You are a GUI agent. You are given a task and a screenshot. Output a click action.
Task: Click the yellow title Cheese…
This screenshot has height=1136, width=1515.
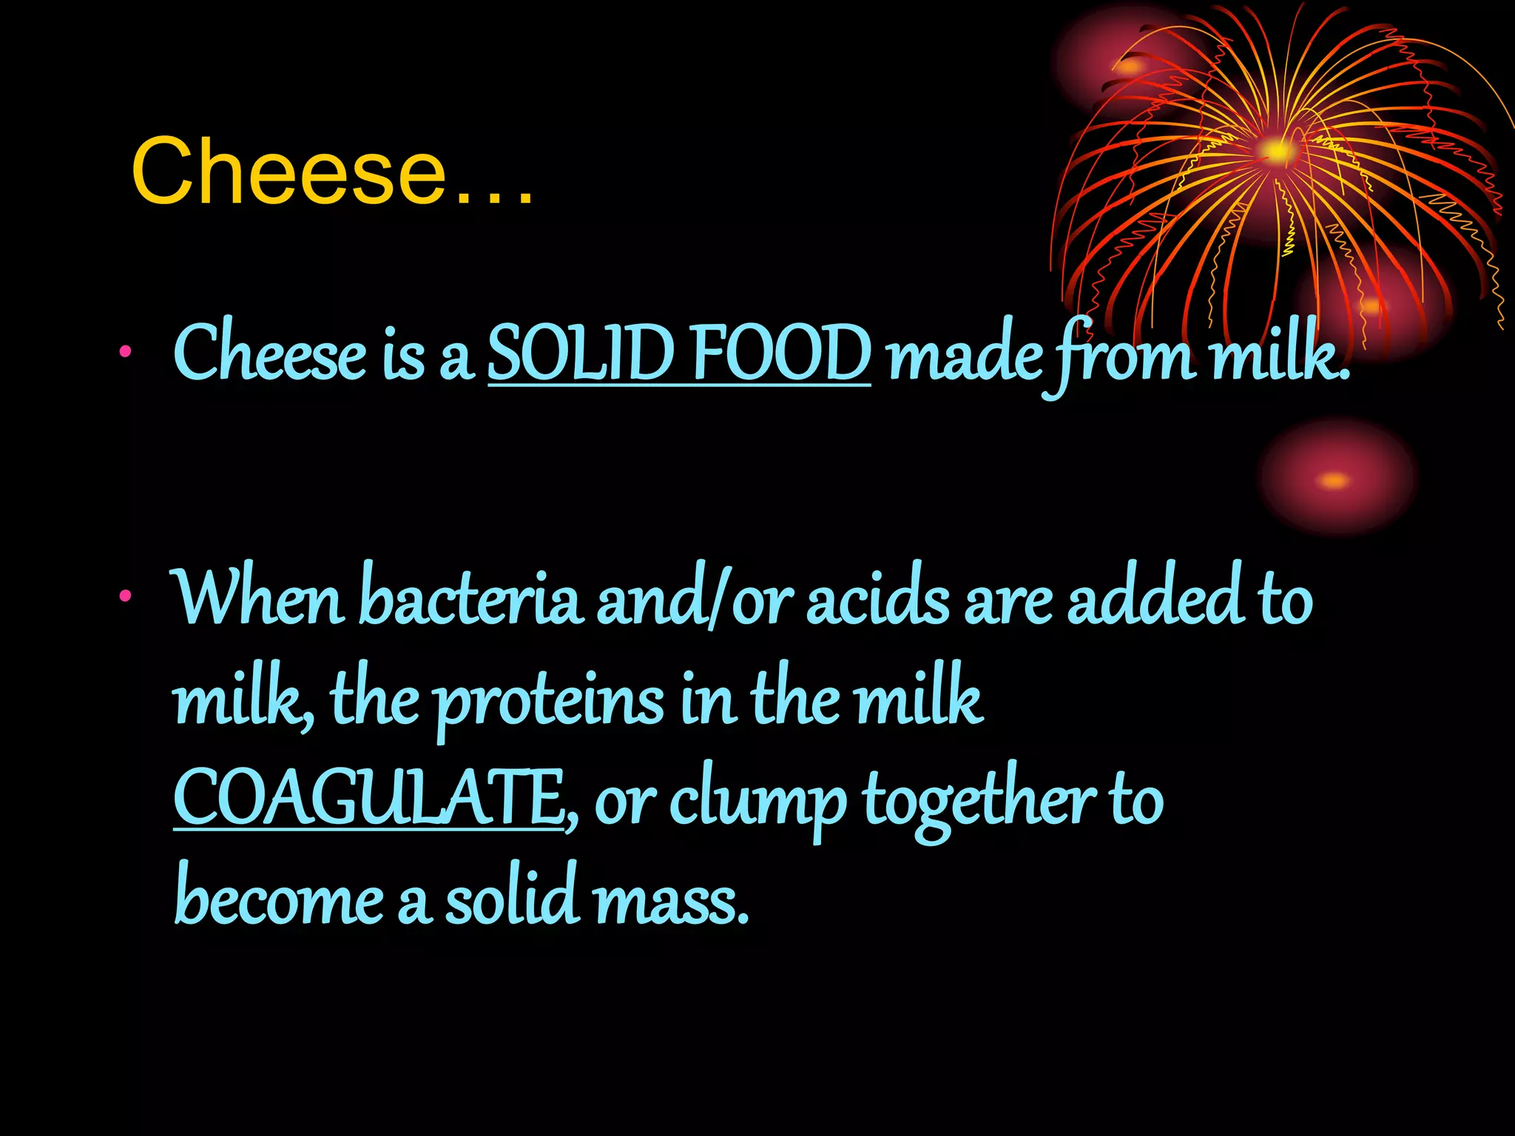pyautogui.click(x=332, y=172)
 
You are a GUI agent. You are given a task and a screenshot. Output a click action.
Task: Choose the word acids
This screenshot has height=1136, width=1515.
pyautogui.click(x=877, y=599)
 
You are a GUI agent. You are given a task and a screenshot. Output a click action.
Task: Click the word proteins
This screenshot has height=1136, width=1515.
pyautogui.click(x=549, y=700)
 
